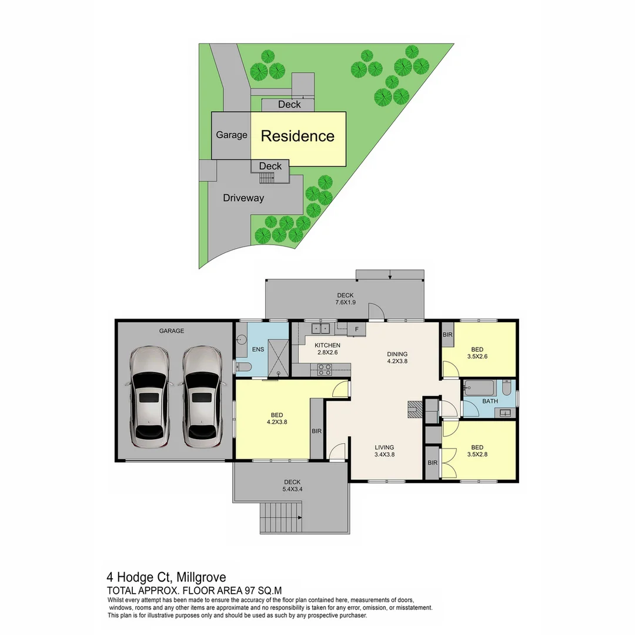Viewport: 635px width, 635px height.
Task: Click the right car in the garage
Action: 202,397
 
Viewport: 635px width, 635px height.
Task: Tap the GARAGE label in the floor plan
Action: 171,331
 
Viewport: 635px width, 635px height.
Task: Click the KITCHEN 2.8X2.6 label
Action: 327,348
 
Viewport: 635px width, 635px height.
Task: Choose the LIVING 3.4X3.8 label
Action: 384,450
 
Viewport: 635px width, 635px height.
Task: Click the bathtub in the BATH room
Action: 479,388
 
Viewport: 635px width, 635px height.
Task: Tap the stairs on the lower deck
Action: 280,517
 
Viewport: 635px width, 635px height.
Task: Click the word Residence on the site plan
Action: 298,136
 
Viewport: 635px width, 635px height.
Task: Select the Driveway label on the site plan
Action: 243,198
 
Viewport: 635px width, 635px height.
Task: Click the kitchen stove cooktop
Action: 325,370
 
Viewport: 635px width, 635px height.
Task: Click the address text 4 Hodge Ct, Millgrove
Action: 166,577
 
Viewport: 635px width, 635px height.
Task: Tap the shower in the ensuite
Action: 278,357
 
